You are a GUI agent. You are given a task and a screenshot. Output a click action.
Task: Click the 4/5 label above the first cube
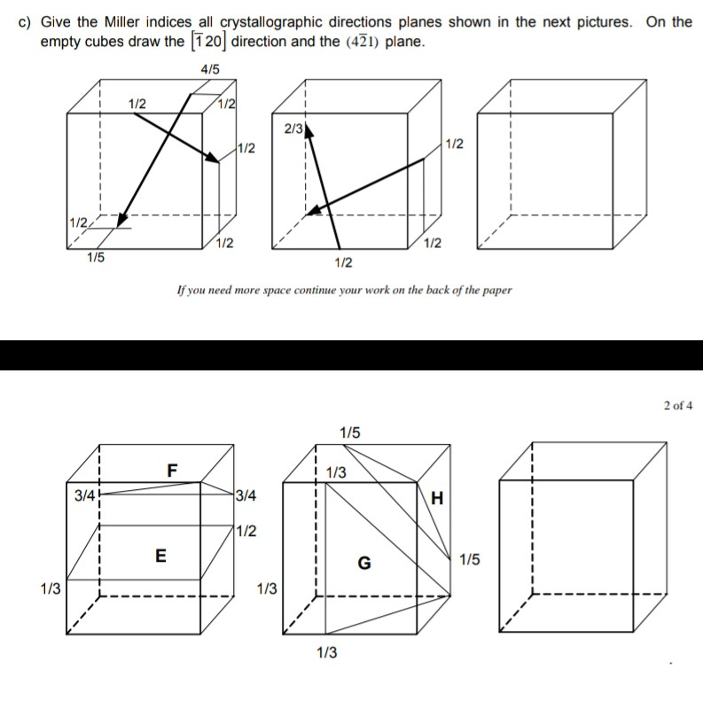(211, 69)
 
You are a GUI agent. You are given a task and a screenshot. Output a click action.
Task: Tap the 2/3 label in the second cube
(294, 129)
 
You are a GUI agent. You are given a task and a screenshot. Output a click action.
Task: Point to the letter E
(160, 556)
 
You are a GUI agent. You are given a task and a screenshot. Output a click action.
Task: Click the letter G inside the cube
(363, 562)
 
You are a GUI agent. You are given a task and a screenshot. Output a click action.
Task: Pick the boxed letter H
(436, 499)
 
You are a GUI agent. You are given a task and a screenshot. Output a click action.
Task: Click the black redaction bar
(351, 354)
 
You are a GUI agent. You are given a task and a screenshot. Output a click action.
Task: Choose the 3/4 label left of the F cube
(85, 496)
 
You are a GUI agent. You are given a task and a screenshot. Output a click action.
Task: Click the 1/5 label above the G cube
(350, 432)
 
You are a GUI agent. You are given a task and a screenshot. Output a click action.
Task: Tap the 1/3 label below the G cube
(326, 653)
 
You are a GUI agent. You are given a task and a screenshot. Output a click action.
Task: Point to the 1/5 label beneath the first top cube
(95, 258)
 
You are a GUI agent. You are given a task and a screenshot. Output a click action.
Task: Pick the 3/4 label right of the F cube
(246, 496)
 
